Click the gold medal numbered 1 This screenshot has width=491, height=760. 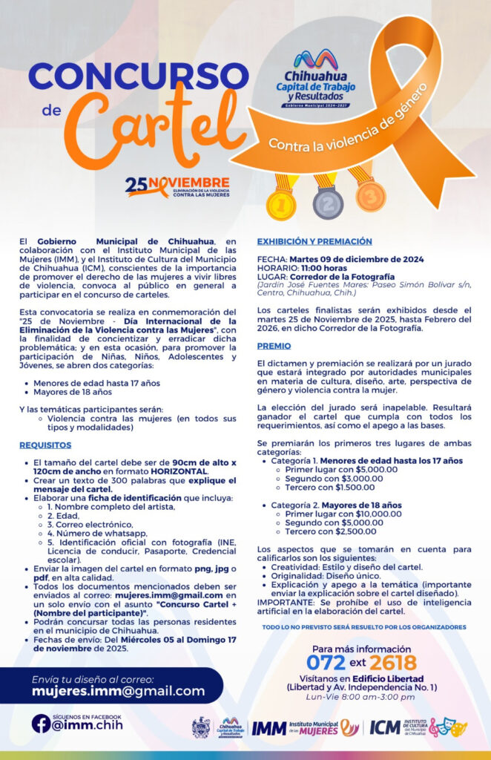pos(281,205)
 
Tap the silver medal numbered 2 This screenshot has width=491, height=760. pos(328,202)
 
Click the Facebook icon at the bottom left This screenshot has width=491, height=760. pos(41,724)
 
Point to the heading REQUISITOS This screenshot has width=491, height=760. pos(45,445)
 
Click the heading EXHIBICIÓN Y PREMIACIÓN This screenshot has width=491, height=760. pos(314,242)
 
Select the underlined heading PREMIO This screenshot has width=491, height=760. pos(274,346)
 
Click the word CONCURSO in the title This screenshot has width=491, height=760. pos(128,76)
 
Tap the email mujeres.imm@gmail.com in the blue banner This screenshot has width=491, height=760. pos(118,691)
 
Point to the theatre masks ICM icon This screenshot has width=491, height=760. pos(449,727)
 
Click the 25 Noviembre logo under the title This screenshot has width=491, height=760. pos(177,186)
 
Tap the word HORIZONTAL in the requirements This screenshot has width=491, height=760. pos(176,471)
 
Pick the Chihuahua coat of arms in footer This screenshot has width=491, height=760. pos(200,727)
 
